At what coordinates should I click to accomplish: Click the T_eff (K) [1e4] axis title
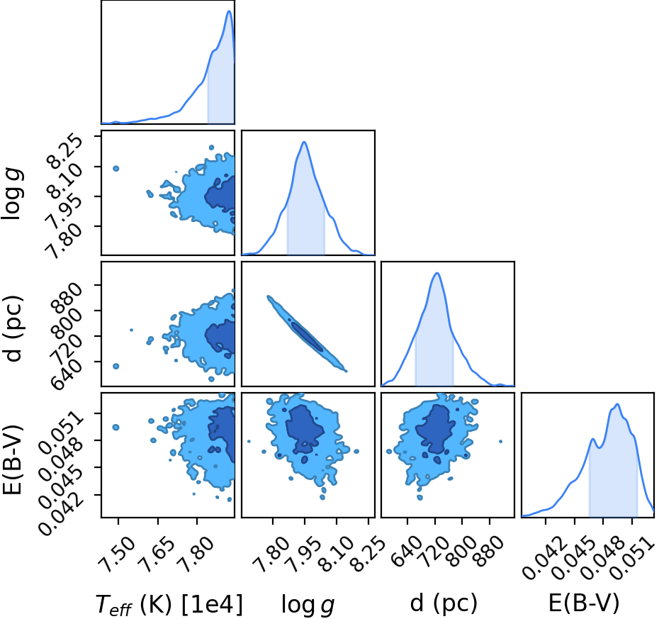click(x=169, y=605)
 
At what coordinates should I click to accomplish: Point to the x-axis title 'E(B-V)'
click(x=584, y=603)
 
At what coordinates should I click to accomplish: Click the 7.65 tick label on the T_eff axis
click(x=157, y=554)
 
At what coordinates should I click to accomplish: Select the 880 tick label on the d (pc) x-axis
click(x=490, y=551)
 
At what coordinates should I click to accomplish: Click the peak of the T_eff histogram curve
click(x=229, y=11)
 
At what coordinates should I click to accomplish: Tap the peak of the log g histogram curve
click(x=304, y=142)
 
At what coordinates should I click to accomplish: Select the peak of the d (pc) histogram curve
click(x=437, y=273)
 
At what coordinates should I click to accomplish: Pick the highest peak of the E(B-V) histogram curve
click(x=617, y=404)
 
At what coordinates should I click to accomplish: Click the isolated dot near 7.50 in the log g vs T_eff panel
click(x=116, y=169)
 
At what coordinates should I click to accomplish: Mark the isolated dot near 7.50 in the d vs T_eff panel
click(x=116, y=367)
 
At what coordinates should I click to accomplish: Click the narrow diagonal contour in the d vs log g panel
click(x=308, y=334)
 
